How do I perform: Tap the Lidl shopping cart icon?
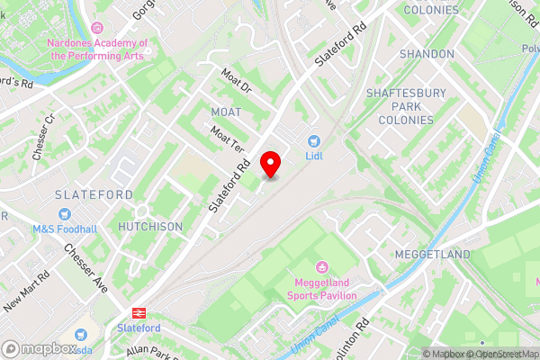314,141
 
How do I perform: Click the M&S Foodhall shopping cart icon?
64,214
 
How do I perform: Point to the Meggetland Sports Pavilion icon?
322,266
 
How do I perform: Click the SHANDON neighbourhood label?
427,54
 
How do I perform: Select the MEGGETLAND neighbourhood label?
432,255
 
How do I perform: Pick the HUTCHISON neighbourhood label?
150,227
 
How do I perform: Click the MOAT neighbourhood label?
226,112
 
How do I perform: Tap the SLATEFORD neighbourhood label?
94,194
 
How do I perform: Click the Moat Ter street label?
227,138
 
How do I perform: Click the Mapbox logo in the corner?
39,347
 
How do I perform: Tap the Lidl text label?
314,156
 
